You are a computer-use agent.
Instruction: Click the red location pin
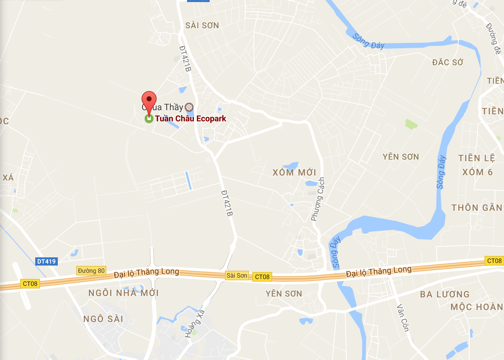(x=149, y=100)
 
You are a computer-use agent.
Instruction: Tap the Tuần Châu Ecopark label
(x=190, y=119)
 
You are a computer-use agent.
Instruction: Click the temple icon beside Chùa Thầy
(x=189, y=107)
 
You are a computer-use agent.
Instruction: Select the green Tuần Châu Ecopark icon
(x=149, y=118)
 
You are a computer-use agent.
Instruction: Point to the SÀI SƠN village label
(x=202, y=25)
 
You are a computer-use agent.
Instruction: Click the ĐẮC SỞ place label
(x=448, y=62)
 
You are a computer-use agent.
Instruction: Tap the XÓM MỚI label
(x=294, y=172)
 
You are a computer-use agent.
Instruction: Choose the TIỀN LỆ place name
(x=476, y=158)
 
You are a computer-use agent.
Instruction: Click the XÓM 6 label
(x=477, y=172)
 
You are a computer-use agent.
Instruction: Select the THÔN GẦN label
(x=477, y=208)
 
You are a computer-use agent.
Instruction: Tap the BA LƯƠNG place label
(x=445, y=294)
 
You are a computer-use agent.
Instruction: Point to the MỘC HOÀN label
(x=477, y=307)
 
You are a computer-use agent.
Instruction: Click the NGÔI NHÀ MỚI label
(x=123, y=293)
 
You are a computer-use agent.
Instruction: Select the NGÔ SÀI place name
(x=103, y=319)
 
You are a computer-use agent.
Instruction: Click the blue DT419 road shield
(x=47, y=261)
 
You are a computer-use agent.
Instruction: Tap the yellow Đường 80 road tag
(x=91, y=271)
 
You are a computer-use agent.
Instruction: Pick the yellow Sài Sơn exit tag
(x=237, y=275)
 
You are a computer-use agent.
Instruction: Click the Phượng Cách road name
(x=318, y=199)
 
